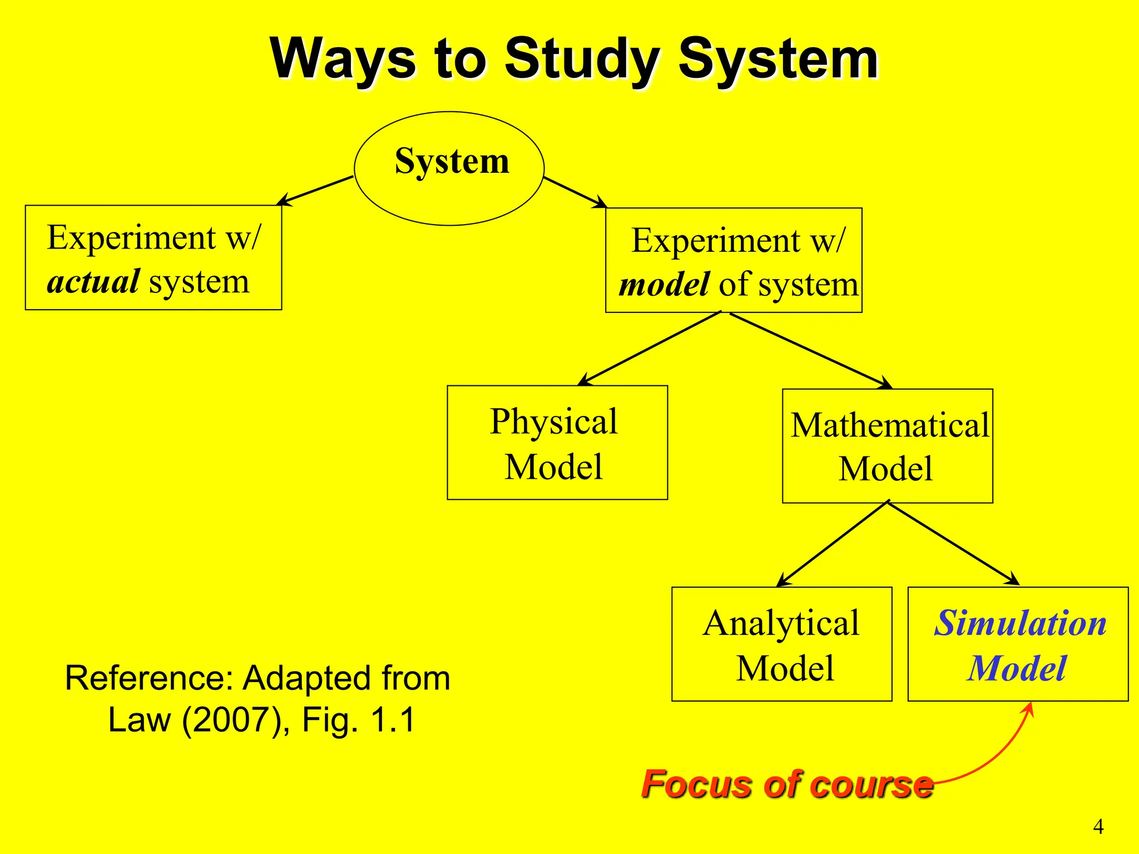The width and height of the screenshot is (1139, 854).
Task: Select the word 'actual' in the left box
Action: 93,282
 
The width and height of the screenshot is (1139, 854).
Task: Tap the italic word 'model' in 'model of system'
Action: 664,285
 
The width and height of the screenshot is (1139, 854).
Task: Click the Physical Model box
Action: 557,443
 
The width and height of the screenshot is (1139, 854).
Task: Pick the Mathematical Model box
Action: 887,446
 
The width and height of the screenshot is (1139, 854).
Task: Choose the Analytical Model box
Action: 781,644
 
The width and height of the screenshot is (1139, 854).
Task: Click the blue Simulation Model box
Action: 1018,644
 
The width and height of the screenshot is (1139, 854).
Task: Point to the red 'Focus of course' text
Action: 786,784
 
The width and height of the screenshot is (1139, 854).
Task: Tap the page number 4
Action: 1098,827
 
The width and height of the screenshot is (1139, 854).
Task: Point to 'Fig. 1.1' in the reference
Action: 358,720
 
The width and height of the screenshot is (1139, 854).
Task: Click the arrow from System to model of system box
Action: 575,192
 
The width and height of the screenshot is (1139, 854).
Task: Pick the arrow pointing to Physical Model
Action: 650,349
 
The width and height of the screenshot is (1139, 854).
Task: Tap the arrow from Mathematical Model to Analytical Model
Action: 833,544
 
